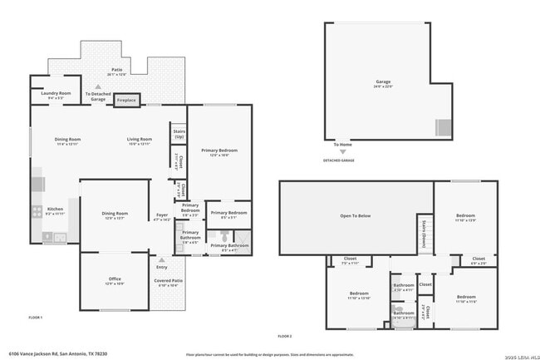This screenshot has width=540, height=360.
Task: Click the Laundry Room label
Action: click(x=59, y=93)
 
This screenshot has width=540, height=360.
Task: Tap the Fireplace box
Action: click(x=126, y=100)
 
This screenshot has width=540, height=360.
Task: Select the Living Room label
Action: click(x=139, y=139)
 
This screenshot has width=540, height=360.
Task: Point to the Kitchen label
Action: click(x=54, y=209)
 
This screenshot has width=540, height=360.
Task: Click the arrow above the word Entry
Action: click(x=162, y=259)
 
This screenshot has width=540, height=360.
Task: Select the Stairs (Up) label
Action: click(x=178, y=133)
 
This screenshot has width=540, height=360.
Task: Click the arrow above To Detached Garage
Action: click(x=98, y=86)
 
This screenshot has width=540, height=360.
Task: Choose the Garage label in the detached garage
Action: click(x=382, y=81)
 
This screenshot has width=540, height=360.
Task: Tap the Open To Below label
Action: click(x=355, y=215)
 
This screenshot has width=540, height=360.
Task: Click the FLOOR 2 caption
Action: click(x=285, y=336)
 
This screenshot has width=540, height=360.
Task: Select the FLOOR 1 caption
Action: click(x=36, y=318)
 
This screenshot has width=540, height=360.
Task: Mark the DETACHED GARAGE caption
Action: click(x=339, y=160)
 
